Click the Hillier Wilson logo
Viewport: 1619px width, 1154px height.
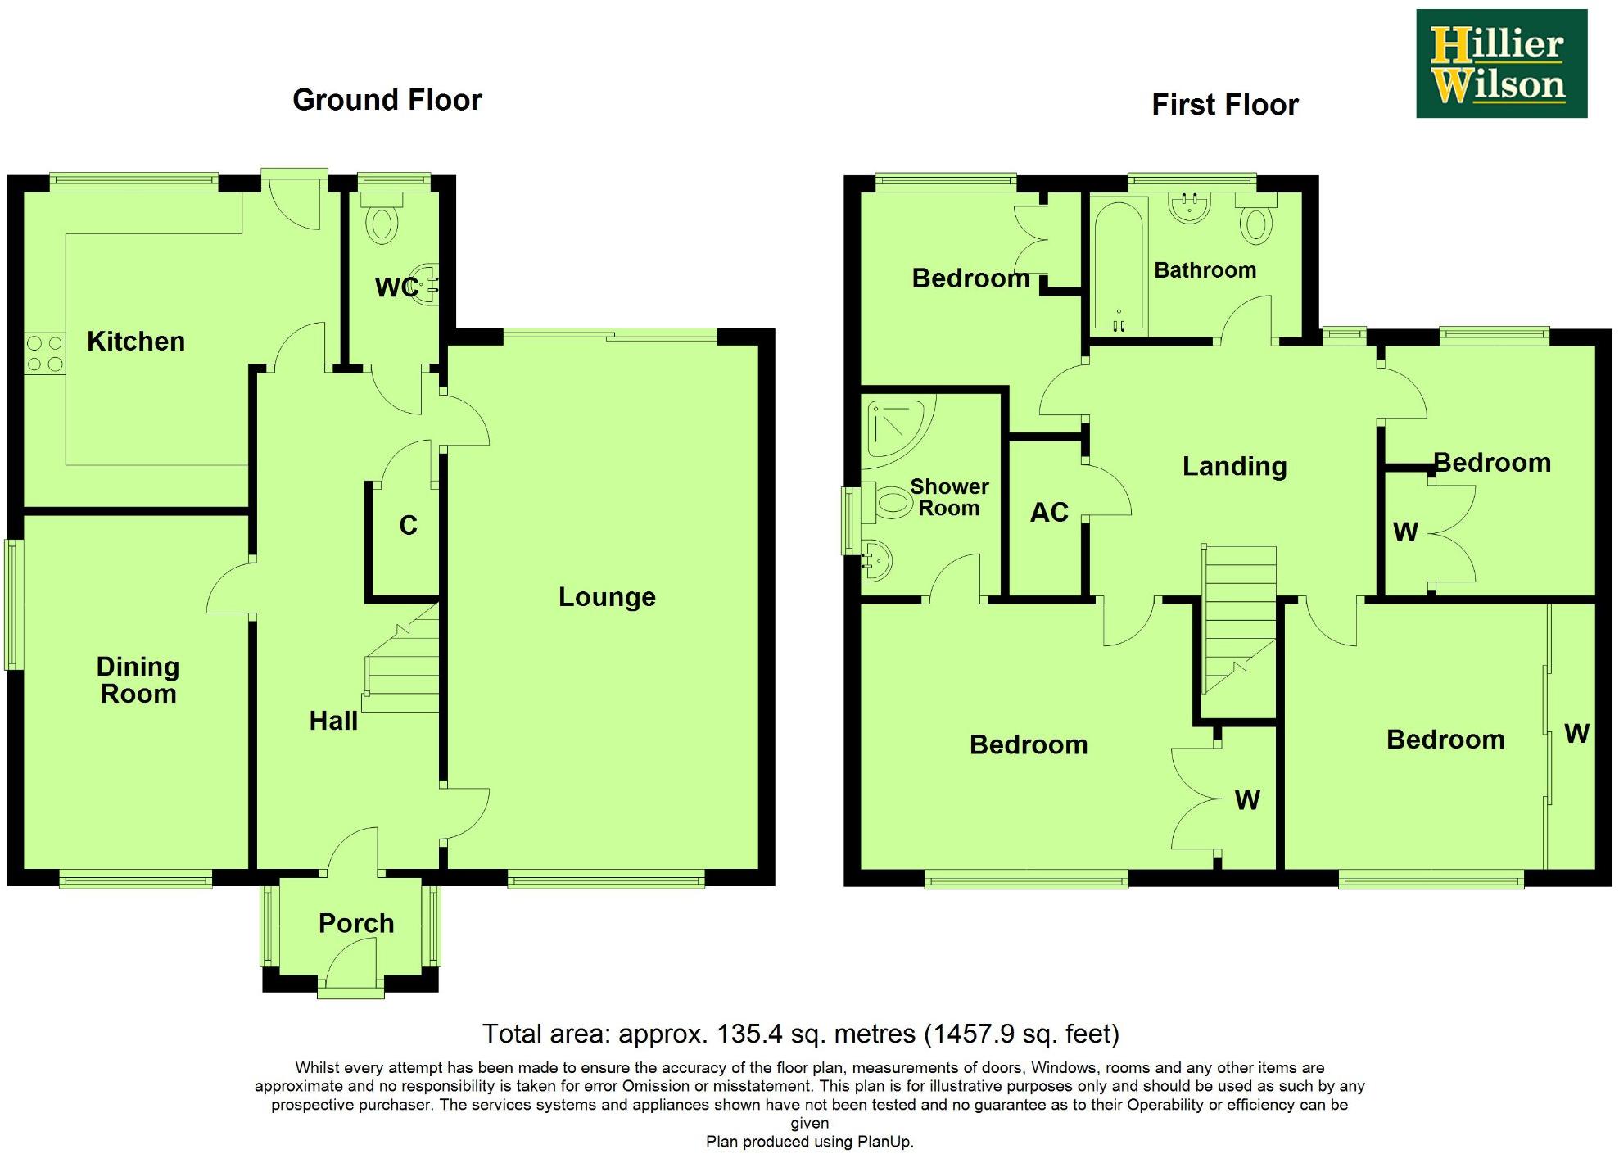[1501, 64]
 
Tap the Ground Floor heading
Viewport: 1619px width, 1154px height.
[387, 100]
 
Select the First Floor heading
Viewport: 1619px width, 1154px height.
[1224, 105]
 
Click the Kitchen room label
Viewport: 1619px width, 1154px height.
[136, 341]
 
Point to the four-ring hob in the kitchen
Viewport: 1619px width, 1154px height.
[44, 354]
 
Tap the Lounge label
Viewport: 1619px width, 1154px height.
[607, 597]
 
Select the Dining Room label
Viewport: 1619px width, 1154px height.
[138, 680]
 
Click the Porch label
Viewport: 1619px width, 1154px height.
[356, 923]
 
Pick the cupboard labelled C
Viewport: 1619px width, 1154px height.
[408, 525]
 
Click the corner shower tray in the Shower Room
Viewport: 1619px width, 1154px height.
[897, 426]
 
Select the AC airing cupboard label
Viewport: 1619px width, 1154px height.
[1049, 513]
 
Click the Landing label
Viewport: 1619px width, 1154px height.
[1234, 466]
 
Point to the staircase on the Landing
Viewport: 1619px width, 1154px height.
[1239, 618]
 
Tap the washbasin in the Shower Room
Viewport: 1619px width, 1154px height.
[876, 560]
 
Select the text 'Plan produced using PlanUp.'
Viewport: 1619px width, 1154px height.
[809, 1141]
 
